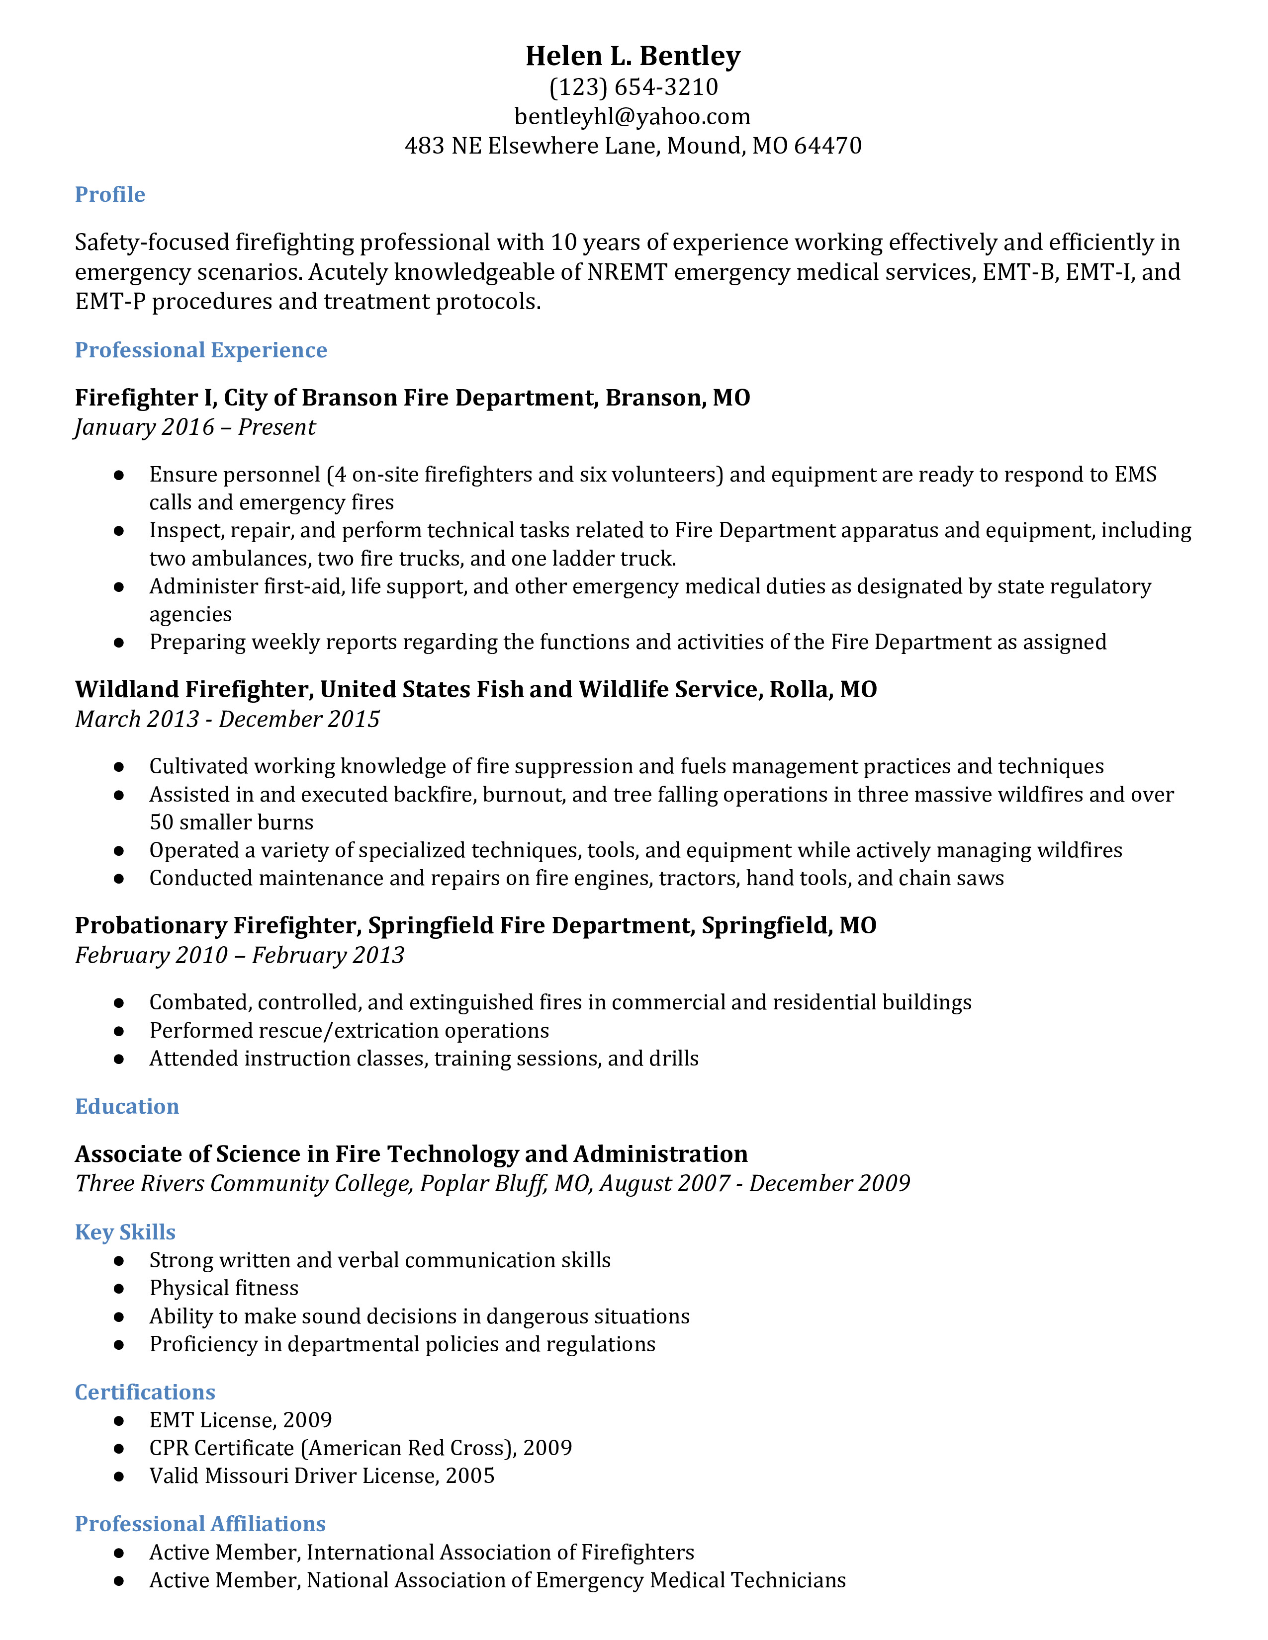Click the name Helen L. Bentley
(633, 56)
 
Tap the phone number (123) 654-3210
(633, 87)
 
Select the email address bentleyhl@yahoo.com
(633, 116)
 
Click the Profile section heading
(110, 194)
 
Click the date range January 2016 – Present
(195, 427)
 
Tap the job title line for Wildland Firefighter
(475, 689)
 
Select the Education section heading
(127, 1106)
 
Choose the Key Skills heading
(125, 1232)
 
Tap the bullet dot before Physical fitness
(119, 1289)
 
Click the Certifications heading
(145, 1392)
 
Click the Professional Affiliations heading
(200, 1524)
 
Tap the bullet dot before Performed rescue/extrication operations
(119, 1031)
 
